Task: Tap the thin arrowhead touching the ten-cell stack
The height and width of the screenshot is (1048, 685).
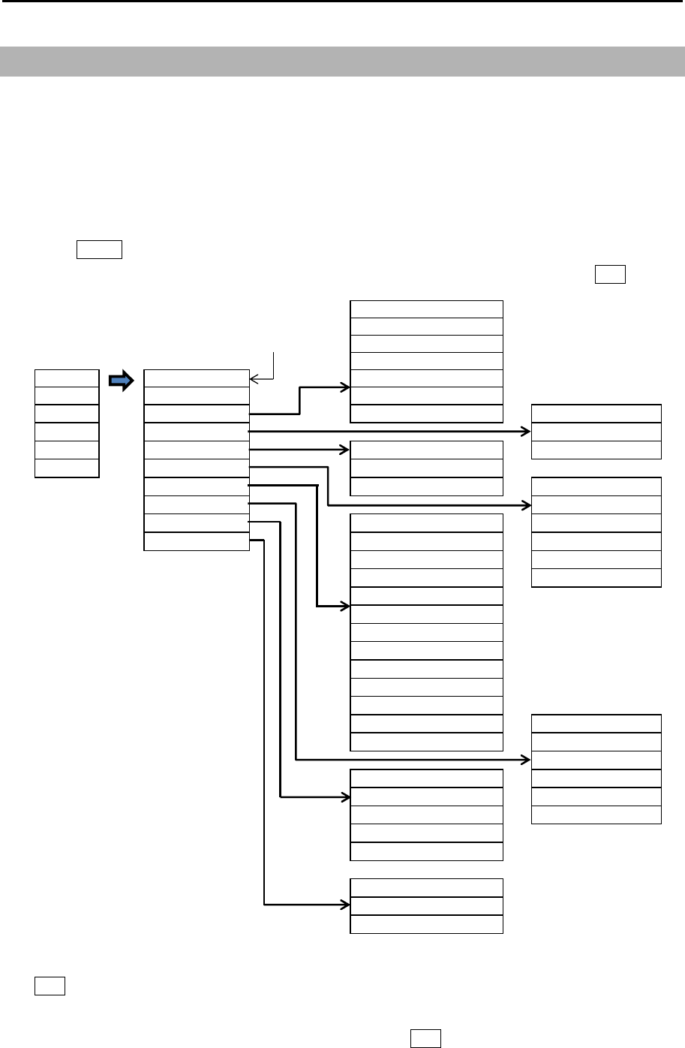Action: (x=254, y=378)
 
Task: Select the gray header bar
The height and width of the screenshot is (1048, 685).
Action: (x=342, y=61)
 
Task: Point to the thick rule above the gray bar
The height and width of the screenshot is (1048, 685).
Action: (x=342, y=2)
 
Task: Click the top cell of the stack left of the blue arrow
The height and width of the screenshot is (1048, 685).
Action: (x=67, y=378)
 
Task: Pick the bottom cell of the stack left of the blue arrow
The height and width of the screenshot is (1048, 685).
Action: (x=67, y=468)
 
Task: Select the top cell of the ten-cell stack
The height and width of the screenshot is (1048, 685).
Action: (x=196, y=378)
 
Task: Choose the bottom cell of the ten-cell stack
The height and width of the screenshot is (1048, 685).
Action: (x=196, y=541)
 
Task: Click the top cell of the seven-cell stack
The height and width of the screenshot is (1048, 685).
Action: (x=426, y=309)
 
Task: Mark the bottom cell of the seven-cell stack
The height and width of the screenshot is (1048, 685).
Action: (x=426, y=413)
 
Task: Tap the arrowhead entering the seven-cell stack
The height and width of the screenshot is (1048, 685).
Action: (x=346, y=387)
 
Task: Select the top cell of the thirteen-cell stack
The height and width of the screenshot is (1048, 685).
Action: (x=426, y=522)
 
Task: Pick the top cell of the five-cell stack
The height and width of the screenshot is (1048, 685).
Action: (x=426, y=778)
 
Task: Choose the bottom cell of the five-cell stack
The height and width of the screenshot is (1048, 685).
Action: (x=426, y=851)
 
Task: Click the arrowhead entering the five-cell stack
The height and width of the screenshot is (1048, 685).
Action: (x=346, y=796)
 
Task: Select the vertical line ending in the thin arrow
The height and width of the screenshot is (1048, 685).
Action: (x=275, y=363)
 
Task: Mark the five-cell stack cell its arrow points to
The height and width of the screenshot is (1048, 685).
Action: (x=426, y=797)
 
